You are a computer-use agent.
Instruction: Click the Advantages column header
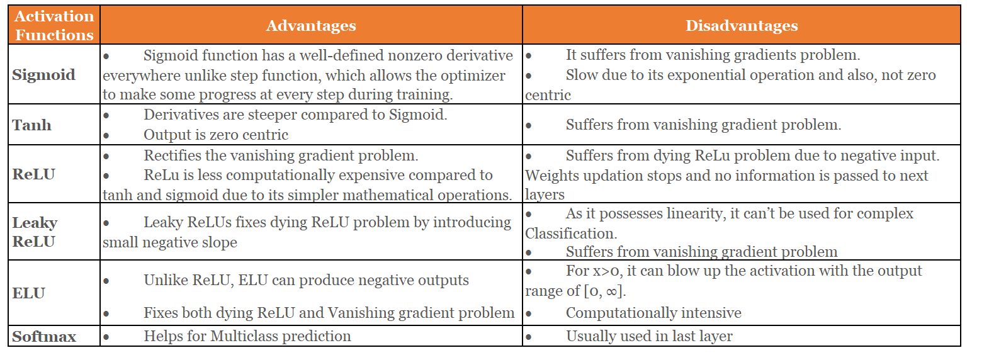pyautogui.click(x=311, y=26)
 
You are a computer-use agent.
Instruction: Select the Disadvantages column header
pyautogui.click(x=741, y=26)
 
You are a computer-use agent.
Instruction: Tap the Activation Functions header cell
pyautogui.click(x=54, y=26)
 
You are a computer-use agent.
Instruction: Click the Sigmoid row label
pyautogui.click(x=43, y=75)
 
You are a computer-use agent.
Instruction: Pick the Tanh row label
pyautogui.click(x=31, y=125)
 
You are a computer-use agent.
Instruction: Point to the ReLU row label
pyautogui.click(x=34, y=174)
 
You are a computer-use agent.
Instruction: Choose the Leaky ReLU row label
pyautogui.click(x=35, y=232)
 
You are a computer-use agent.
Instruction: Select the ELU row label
pyautogui.click(x=29, y=293)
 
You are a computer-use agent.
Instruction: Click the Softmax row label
pyautogui.click(x=44, y=337)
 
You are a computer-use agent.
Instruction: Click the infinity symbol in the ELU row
pyautogui.click(x=611, y=291)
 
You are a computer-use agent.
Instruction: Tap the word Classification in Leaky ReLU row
pyautogui.click(x=570, y=233)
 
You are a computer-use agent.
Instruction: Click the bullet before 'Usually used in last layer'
pyautogui.click(x=529, y=337)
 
